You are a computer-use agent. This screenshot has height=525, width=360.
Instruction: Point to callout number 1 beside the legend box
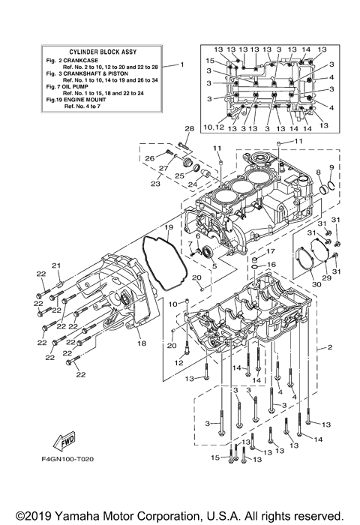181,65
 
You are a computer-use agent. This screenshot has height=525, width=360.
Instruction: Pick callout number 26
148,157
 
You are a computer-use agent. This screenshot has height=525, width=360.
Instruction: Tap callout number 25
180,175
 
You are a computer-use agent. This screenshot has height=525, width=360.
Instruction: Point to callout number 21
55,265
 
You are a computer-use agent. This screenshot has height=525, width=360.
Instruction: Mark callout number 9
331,166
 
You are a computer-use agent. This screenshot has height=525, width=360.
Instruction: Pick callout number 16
272,265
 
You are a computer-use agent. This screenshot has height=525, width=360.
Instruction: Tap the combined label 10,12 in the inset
214,127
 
